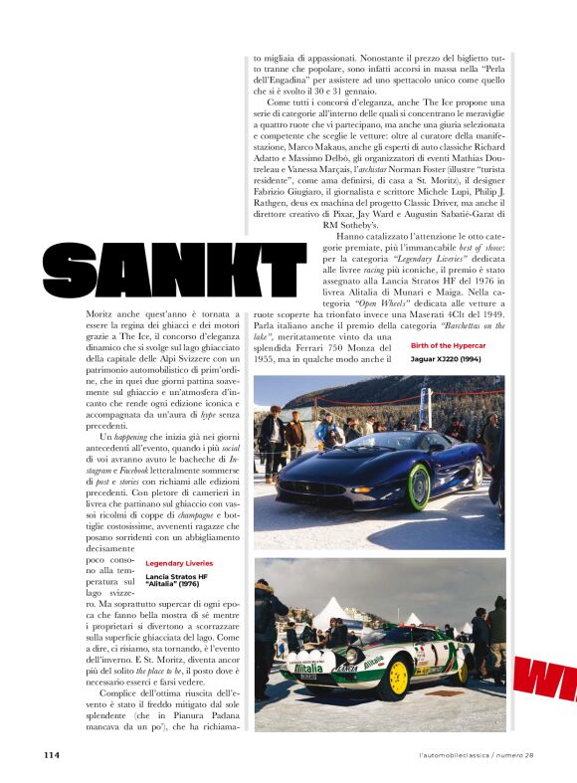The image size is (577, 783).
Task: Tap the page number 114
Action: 53,754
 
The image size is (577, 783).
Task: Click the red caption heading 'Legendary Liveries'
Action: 179,563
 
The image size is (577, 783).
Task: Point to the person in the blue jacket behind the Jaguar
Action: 328,432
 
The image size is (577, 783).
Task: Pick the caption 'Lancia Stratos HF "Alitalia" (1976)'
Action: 177,580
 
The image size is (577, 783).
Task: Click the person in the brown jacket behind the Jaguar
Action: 295,434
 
